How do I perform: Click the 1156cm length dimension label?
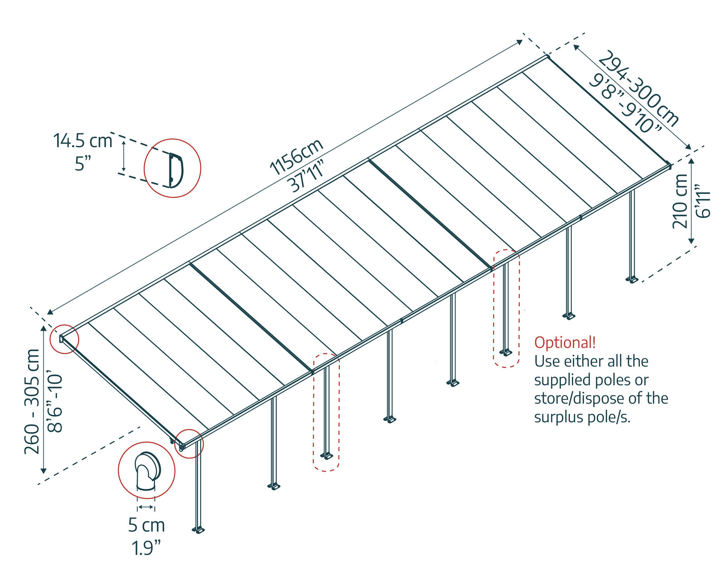coord(296,157)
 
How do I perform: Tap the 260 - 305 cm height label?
coord(32,401)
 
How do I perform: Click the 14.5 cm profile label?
coord(82,141)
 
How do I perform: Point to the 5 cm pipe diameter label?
coord(146,525)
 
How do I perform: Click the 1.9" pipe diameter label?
coord(146,548)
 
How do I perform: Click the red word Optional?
coord(565,342)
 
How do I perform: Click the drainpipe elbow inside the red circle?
coord(146,471)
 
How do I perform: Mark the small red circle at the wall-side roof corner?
coord(64,339)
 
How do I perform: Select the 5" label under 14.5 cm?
coord(83,164)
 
